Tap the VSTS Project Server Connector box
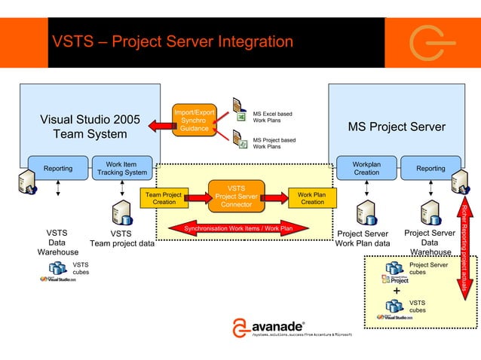tap(236, 197)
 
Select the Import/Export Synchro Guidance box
tap(194, 121)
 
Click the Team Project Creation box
tap(164, 198)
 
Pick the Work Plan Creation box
tap(312, 198)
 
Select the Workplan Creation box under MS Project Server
tap(367, 169)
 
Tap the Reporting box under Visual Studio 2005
tap(58, 169)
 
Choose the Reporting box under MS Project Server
tap(430, 169)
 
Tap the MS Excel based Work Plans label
tap(272, 117)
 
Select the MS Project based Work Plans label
tap(274, 143)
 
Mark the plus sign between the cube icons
tap(397, 292)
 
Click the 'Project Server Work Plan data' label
tap(363, 238)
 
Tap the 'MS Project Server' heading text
tap(397, 127)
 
